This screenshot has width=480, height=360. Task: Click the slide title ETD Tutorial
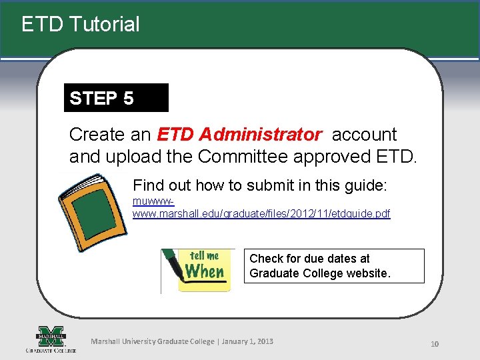(81, 25)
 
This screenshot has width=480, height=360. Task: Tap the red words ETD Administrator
(239, 135)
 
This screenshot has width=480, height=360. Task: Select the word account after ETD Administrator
(364, 135)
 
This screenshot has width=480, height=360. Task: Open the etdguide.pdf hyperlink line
(261, 214)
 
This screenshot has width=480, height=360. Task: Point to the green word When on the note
(204, 272)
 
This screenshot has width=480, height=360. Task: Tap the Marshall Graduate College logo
(51, 339)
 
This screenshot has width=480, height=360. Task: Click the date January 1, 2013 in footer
(247, 341)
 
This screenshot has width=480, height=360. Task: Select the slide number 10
(434, 344)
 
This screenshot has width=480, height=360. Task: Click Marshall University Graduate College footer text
(153, 341)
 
